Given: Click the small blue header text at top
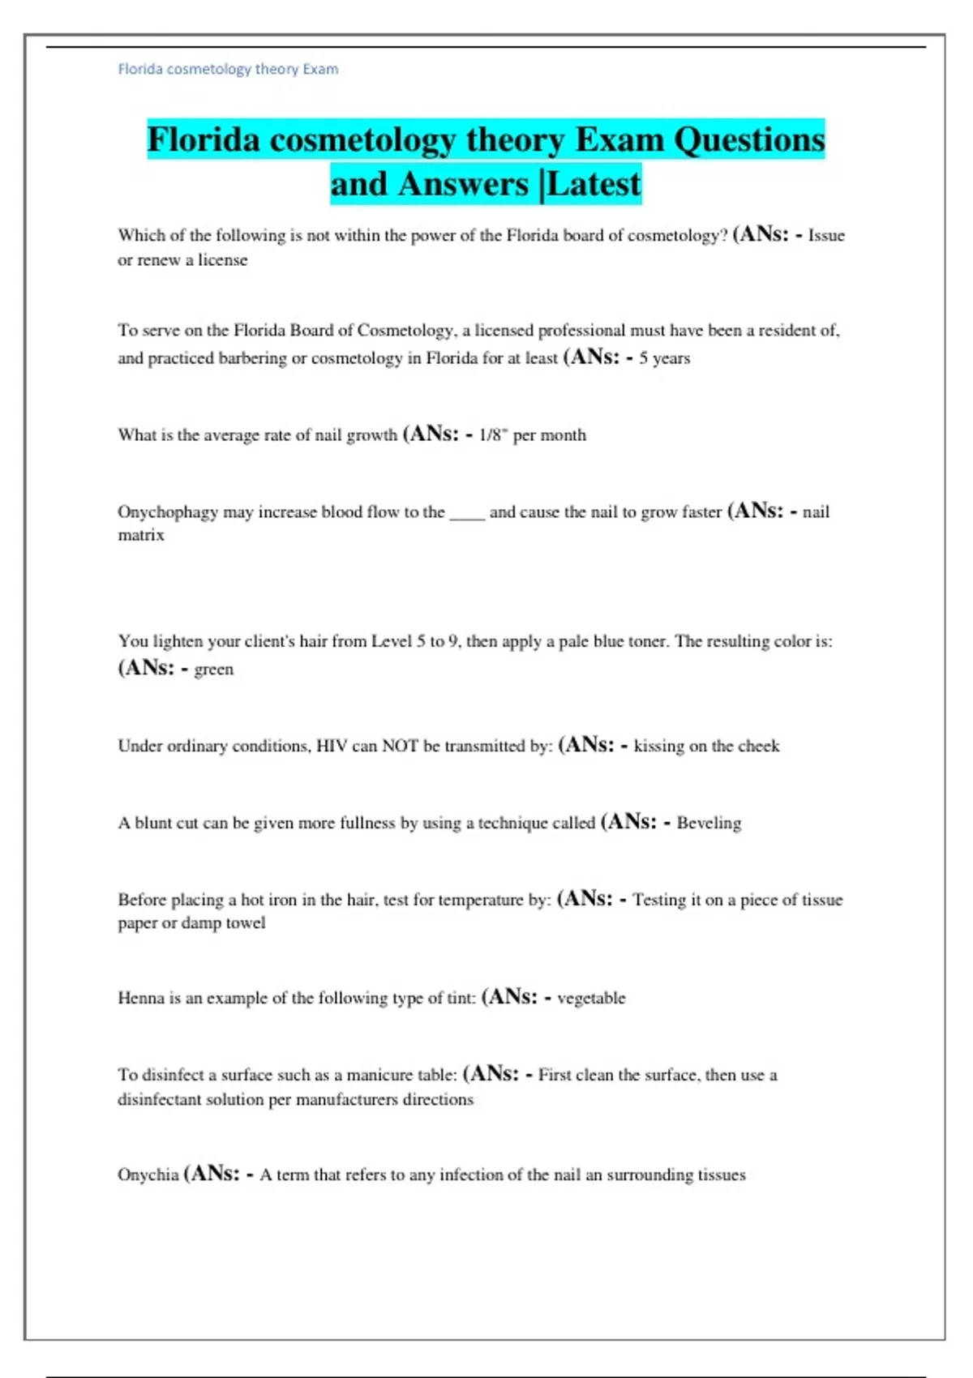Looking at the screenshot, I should pyautogui.click(x=228, y=69).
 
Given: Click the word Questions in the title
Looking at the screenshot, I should pyautogui.click(x=749, y=140).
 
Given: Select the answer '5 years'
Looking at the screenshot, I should pyautogui.click(x=664, y=358).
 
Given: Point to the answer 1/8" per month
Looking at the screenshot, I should pyautogui.click(x=532, y=435).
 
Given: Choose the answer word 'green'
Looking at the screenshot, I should pyautogui.click(x=213, y=670).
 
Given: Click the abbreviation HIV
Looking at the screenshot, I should pyautogui.click(x=332, y=746).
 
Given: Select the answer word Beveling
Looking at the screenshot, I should pyautogui.click(x=709, y=824).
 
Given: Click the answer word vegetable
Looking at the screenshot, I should pyautogui.click(x=591, y=998).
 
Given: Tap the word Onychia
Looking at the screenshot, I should pyautogui.click(x=148, y=1175).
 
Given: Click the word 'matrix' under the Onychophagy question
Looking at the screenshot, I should pyautogui.click(x=141, y=535).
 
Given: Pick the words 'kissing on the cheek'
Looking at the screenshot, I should pyautogui.click(x=706, y=746).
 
